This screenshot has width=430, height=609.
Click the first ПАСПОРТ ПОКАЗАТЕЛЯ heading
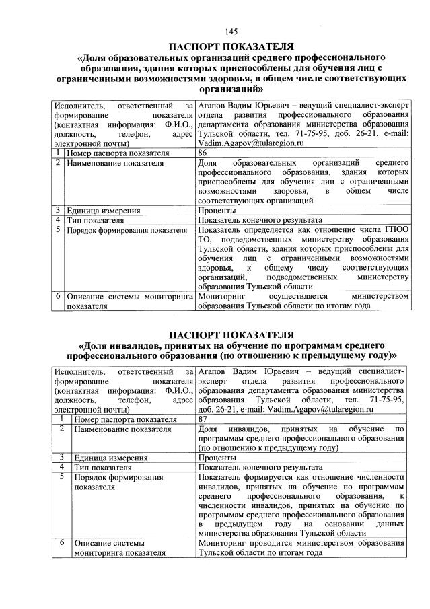231,46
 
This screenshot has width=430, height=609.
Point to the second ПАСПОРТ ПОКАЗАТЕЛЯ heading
231,334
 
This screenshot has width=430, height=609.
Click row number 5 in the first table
59,230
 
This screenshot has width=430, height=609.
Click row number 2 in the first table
59,163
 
